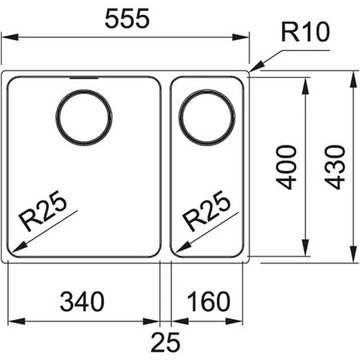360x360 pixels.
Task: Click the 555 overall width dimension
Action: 127,18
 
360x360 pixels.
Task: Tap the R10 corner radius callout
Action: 306,32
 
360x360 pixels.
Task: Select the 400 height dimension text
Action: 286,167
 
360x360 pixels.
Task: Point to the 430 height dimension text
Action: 335,167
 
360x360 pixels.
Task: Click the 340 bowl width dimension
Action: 82,302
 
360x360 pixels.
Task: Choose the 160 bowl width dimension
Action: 208,302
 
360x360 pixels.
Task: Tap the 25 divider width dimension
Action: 165,342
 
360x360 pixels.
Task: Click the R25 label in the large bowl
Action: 43,211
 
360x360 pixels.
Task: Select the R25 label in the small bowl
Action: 206,211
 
